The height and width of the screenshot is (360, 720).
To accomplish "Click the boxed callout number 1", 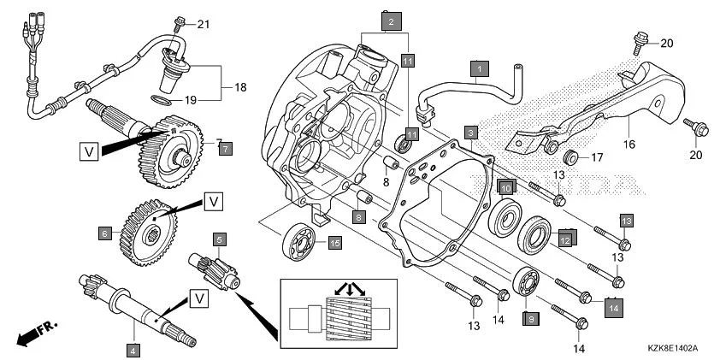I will [x=480, y=67].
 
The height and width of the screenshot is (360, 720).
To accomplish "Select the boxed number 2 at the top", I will [x=391, y=21].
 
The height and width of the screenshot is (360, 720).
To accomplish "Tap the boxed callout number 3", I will [x=470, y=133].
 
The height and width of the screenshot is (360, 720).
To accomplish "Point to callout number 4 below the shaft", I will [x=133, y=349].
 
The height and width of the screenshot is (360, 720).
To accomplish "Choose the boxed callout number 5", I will [x=220, y=240].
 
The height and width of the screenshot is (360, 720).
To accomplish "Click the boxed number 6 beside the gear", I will [x=105, y=233].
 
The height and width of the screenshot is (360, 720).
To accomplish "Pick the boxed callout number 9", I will [x=530, y=318].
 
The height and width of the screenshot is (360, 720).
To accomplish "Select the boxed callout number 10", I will [x=505, y=187].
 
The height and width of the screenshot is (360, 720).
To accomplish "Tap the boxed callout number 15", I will [x=334, y=244].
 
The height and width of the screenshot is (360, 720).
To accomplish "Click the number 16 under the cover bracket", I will [x=629, y=146].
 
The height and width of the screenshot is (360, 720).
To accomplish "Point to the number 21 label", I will [x=203, y=23].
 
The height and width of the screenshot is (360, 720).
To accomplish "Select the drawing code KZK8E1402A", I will [x=673, y=349].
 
